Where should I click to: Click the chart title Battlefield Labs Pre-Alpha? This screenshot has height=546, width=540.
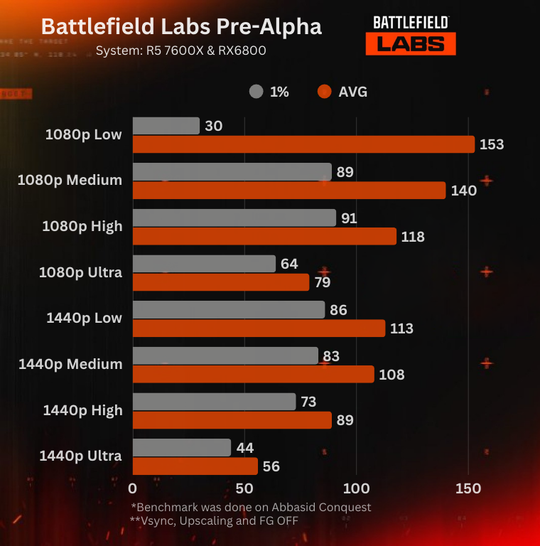pyautogui.click(x=181, y=27)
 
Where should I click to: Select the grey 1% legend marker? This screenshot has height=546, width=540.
pyautogui.click(x=256, y=92)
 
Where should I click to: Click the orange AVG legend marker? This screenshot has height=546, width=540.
pyautogui.click(x=325, y=92)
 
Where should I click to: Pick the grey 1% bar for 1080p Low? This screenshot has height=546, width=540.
pyautogui.click(x=166, y=126)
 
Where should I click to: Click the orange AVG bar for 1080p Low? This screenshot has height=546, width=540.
pyautogui.click(x=303, y=144)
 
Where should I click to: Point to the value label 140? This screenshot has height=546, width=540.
pyautogui.click(x=464, y=191)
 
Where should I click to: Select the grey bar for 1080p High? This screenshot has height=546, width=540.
pyautogui.click(x=234, y=218)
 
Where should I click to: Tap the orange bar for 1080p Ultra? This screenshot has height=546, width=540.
pyautogui.click(x=221, y=282)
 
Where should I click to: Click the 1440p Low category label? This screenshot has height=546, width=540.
pyautogui.click(x=84, y=318)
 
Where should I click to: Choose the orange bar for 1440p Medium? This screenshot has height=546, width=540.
pyautogui.click(x=253, y=374)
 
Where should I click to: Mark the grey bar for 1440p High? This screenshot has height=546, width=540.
pyautogui.click(x=214, y=402)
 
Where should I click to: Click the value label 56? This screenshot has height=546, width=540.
pyautogui.click(x=271, y=466)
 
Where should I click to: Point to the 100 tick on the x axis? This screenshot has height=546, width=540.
pyautogui.click(x=356, y=489)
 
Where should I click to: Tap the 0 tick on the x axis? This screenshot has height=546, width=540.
pyautogui.click(x=133, y=489)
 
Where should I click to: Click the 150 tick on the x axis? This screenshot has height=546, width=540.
pyautogui.click(x=468, y=489)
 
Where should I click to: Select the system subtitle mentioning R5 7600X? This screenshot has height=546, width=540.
pyautogui.click(x=182, y=50)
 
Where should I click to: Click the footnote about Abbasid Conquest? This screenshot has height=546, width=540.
pyautogui.click(x=251, y=507)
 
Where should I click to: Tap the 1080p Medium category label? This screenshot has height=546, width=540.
pyautogui.click(x=70, y=181)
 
